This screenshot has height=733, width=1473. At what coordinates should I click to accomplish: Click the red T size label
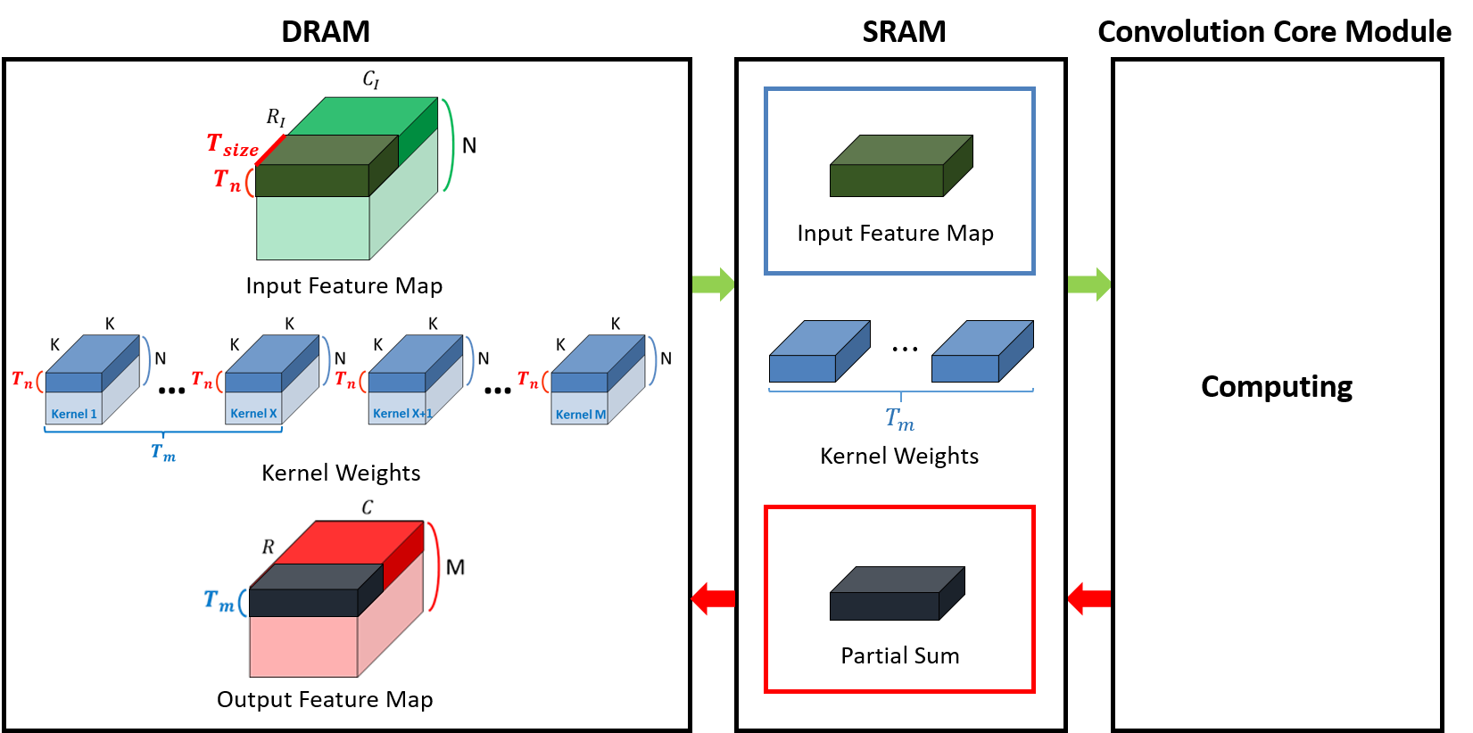pyautogui.click(x=232, y=145)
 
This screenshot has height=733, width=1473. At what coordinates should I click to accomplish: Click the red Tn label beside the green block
pyautogui.click(x=227, y=180)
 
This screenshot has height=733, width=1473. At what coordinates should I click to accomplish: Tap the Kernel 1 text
pyautogui.click(x=73, y=414)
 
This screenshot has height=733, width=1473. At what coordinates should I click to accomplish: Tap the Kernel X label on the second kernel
pyautogui.click(x=253, y=414)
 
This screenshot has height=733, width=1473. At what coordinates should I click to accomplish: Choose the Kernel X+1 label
pyautogui.click(x=399, y=414)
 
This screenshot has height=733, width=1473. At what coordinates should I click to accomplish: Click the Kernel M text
pyautogui.click(x=580, y=415)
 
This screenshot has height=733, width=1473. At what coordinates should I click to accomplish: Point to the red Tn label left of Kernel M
pyautogui.click(x=527, y=380)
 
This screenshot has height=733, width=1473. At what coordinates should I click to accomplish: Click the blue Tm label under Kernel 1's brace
pyautogui.click(x=163, y=452)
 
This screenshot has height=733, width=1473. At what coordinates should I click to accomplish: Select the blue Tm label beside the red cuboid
pyautogui.click(x=219, y=600)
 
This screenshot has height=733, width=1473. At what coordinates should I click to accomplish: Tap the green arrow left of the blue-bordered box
pyautogui.click(x=713, y=284)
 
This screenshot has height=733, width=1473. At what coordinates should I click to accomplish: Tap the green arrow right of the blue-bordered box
pyautogui.click(x=1088, y=284)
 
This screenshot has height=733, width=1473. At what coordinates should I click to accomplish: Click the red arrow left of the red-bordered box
pyautogui.click(x=713, y=598)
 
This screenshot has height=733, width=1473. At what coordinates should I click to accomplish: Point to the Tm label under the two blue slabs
pyautogui.click(x=899, y=418)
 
